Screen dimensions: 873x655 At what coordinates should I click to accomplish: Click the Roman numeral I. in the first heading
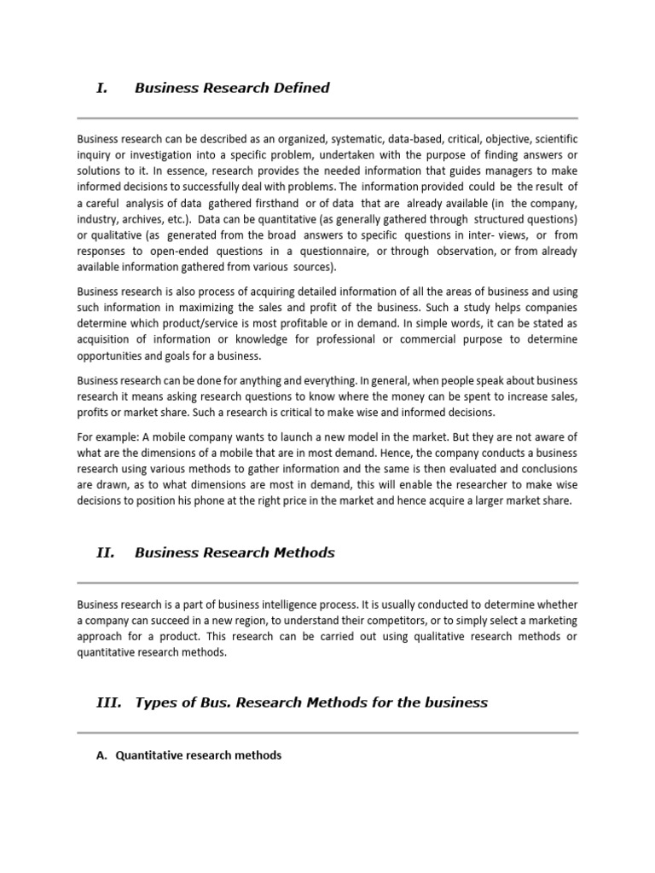101,88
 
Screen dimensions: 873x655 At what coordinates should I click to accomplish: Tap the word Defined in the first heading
301,88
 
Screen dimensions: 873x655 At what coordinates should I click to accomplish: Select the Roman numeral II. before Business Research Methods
105,552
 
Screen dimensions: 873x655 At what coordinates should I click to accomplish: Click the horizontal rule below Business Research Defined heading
327,118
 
